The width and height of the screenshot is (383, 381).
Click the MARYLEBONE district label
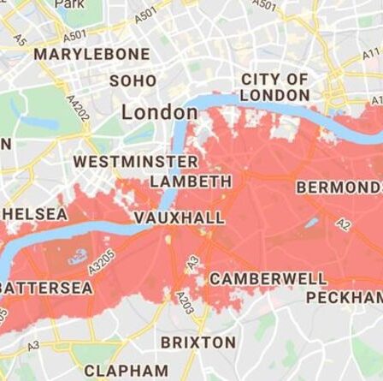point(91,54)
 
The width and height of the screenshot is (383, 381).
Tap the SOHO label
point(133,81)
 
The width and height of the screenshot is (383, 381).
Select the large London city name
point(159,112)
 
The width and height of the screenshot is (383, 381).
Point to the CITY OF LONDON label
point(274,87)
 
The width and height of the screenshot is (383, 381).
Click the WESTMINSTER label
point(135,161)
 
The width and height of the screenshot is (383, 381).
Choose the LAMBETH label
point(190,182)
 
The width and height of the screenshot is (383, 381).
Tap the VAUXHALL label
point(179,217)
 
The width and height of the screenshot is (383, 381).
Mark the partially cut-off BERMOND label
point(339,188)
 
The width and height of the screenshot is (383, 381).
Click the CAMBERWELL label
point(268,279)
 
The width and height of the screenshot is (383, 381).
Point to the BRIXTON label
point(198,342)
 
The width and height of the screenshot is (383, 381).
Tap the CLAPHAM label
point(126,371)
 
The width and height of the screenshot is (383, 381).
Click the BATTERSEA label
point(46,288)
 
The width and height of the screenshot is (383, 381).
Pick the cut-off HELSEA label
point(34,213)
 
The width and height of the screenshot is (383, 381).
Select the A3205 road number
point(101,261)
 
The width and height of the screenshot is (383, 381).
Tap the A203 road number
point(184,302)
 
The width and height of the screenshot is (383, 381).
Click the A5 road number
point(21,39)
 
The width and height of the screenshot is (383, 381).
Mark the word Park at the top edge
point(68,4)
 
